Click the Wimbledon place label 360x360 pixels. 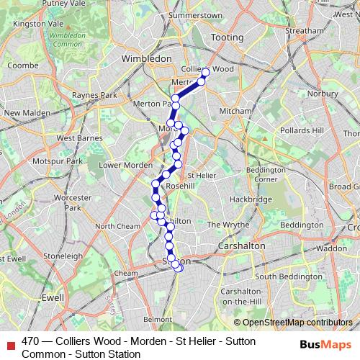point(147,58)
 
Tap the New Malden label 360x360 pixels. point(26,113)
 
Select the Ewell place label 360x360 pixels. point(53,296)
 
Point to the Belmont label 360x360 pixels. point(158,318)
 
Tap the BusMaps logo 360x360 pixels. point(321,344)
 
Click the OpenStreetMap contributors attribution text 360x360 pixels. point(297,323)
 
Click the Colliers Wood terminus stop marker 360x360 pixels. point(205,73)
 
